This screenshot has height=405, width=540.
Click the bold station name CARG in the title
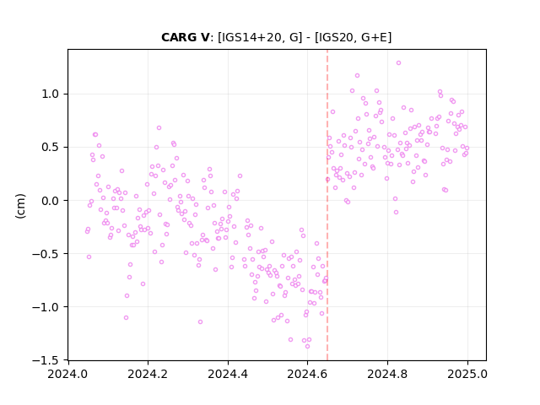(x=180, y=37)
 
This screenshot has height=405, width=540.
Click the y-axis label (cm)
(x=20, y=206)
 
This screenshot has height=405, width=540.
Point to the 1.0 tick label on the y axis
(x=51, y=94)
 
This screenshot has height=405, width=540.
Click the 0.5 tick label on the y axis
(x=51, y=148)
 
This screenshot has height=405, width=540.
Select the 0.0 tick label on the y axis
(x=51, y=201)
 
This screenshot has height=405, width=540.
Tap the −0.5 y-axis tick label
(x=46, y=254)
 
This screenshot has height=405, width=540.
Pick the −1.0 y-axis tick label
(x=46, y=307)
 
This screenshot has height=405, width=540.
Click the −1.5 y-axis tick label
(x=46, y=360)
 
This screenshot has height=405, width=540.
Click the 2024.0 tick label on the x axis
(x=67, y=374)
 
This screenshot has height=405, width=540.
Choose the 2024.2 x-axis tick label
(x=148, y=374)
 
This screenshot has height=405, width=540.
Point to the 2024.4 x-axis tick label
(x=228, y=374)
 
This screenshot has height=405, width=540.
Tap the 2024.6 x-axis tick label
(x=307, y=374)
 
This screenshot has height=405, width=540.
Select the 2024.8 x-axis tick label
(x=387, y=374)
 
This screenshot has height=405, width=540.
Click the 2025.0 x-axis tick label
(x=467, y=374)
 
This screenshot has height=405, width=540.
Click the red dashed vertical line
(x=327, y=205)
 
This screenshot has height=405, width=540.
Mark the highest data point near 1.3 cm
(x=398, y=63)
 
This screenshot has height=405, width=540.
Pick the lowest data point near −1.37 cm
(x=307, y=347)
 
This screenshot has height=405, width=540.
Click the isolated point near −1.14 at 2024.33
(x=201, y=322)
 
